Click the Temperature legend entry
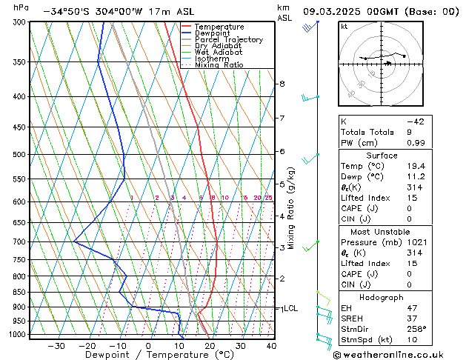point(219,27)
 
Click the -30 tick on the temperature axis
point(56,346)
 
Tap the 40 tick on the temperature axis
point(271,346)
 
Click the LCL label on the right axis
point(290,308)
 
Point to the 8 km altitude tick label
point(282,84)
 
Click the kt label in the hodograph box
point(344,27)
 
